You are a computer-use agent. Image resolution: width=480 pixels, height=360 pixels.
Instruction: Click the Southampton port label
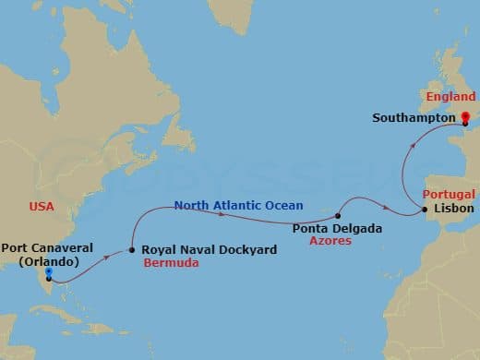tap(414, 118)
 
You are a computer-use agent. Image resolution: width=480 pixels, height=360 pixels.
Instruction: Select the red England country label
tap(450, 97)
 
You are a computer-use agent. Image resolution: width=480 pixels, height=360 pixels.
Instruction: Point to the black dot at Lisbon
tap(425, 210)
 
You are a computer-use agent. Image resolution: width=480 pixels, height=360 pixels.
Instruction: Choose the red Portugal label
tap(449, 195)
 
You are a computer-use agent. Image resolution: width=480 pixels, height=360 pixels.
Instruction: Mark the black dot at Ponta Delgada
tap(339, 216)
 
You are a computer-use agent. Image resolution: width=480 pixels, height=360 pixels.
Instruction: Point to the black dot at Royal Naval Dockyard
tap(132, 248)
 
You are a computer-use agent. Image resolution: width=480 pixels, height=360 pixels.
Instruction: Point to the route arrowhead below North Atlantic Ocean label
tap(222, 214)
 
